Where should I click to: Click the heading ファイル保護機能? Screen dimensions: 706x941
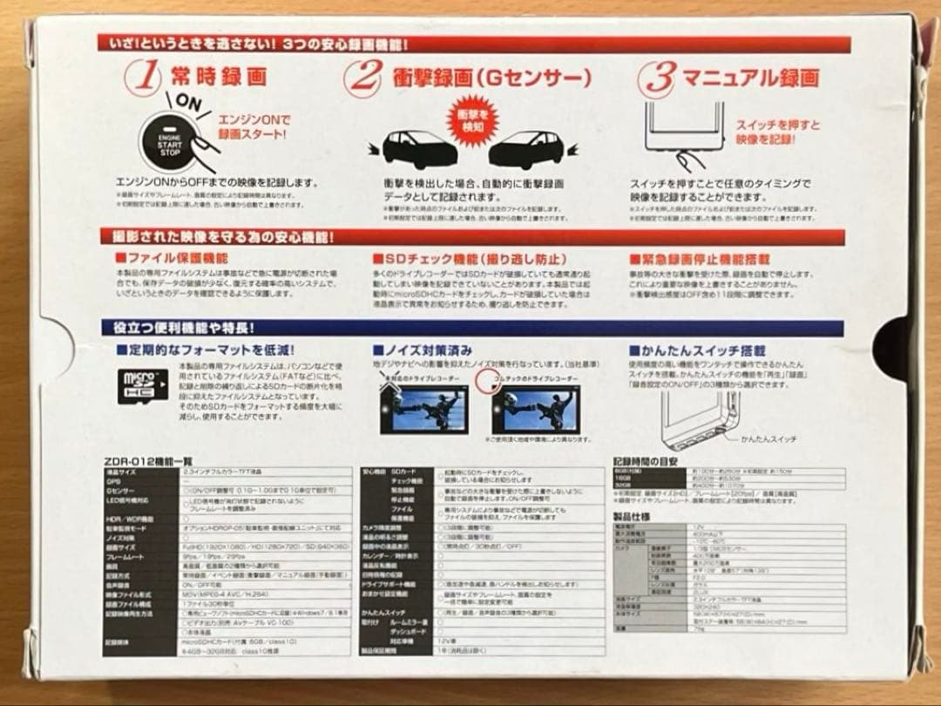[171, 259]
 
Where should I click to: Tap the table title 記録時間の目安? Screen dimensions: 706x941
[648, 461]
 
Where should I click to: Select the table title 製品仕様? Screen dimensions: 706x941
[632, 516]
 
